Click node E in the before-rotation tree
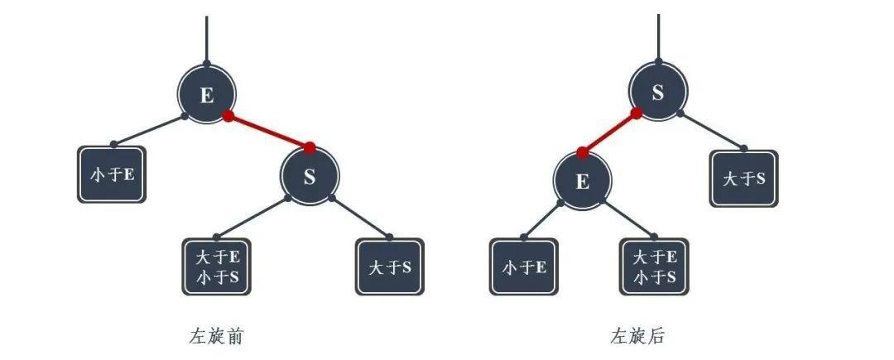206,94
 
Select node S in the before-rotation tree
309,176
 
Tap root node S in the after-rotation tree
658,93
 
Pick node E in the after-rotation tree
582,180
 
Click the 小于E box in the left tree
112,175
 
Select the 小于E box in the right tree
524,266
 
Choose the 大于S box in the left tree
390,266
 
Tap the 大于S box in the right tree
744,178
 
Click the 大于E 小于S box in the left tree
217,266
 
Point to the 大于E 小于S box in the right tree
655,266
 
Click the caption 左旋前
216,336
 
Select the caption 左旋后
637,336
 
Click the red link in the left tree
268,132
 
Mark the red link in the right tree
609,132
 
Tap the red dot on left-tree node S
310,148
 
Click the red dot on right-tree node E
582,153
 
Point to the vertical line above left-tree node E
206,40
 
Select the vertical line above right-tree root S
659,37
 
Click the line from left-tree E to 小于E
149,130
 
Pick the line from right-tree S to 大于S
712,131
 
